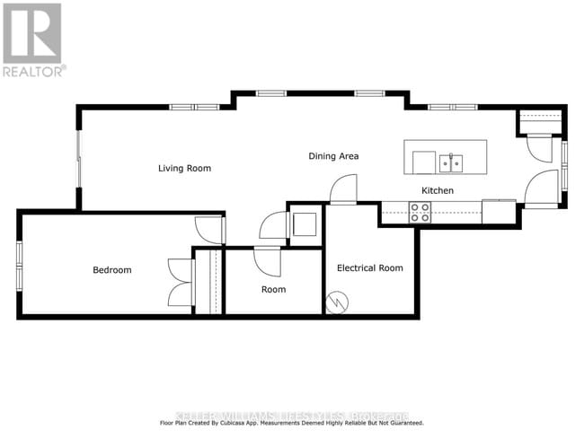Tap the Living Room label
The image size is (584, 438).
(x=184, y=168)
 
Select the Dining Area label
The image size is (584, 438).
(x=333, y=156)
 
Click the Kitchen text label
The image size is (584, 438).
(x=438, y=191)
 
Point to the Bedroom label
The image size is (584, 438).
(x=112, y=270)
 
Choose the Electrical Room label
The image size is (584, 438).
(x=369, y=267)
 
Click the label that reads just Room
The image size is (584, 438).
(x=273, y=289)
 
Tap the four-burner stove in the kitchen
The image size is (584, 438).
(x=420, y=212)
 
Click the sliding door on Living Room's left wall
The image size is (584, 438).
(x=79, y=162)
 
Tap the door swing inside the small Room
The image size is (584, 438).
(x=267, y=261)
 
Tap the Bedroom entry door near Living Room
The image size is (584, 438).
(x=210, y=230)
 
